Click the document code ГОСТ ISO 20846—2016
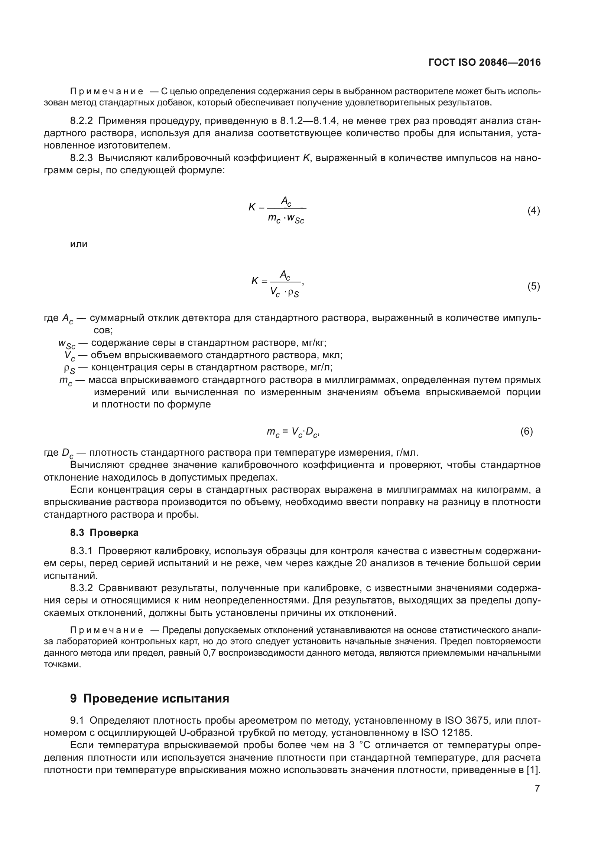click(484, 62)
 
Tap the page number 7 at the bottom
click(537, 788)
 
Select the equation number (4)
click(533, 210)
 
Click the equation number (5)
click(533, 286)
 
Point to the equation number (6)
click(526, 431)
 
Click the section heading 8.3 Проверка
click(104, 533)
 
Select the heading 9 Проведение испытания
click(149, 698)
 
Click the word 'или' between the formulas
click(79, 244)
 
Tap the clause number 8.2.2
click(81, 121)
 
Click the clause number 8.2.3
click(81, 158)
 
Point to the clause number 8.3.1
click(81, 551)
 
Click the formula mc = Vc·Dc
click(293, 432)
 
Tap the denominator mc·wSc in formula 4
click(286, 219)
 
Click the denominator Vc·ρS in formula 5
click(285, 292)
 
